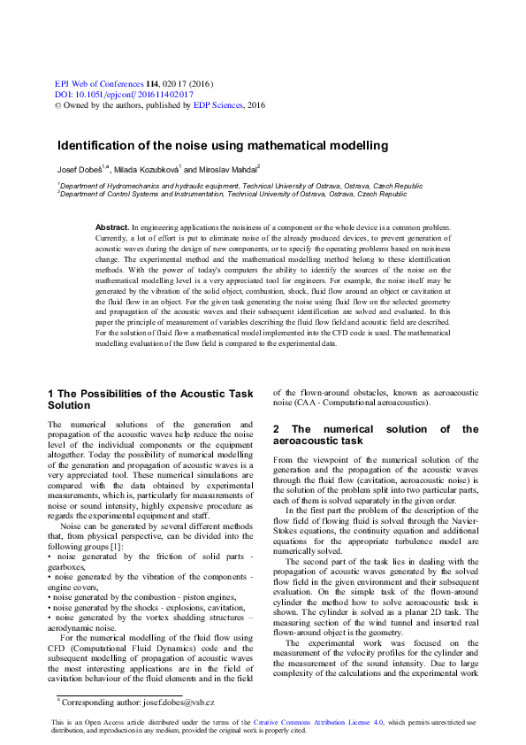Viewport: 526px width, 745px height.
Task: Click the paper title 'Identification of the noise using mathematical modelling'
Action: [x=223, y=144]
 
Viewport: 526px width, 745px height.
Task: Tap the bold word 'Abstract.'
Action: [x=112, y=227]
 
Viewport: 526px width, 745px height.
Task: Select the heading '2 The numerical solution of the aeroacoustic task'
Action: [x=375, y=434]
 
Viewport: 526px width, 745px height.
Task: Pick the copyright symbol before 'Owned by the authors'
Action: [x=58, y=104]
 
